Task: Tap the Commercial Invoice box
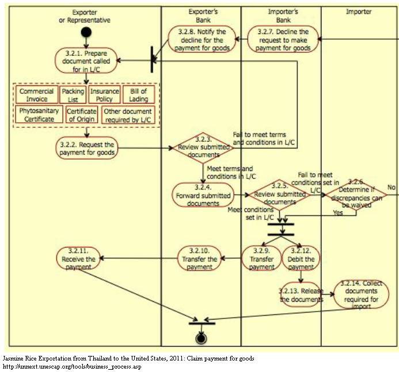tap(36, 95)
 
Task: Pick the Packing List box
tap(73, 95)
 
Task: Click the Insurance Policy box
tap(104, 95)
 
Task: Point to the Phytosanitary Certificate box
tap(40, 115)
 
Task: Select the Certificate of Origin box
tap(81, 115)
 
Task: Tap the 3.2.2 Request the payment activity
tap(87, 149)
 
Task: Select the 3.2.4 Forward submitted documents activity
tap(203, 195)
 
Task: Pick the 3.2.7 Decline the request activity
tap(282, 40)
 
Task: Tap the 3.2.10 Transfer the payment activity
tap(199, 259)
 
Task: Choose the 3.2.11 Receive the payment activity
tap(78, 259)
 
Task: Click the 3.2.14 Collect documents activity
tap(362, 292)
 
